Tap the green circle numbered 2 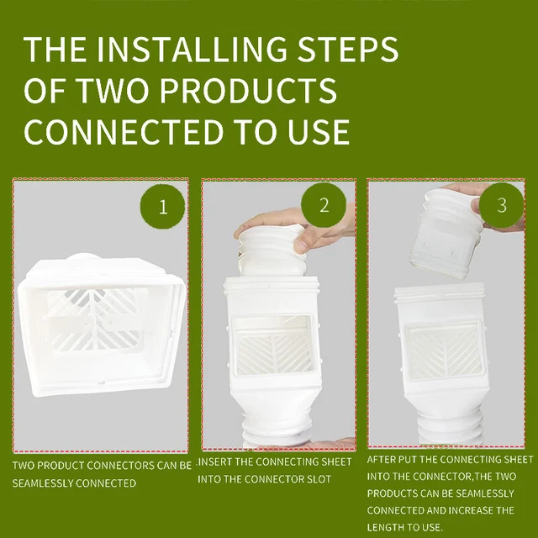[x=324, y=207]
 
